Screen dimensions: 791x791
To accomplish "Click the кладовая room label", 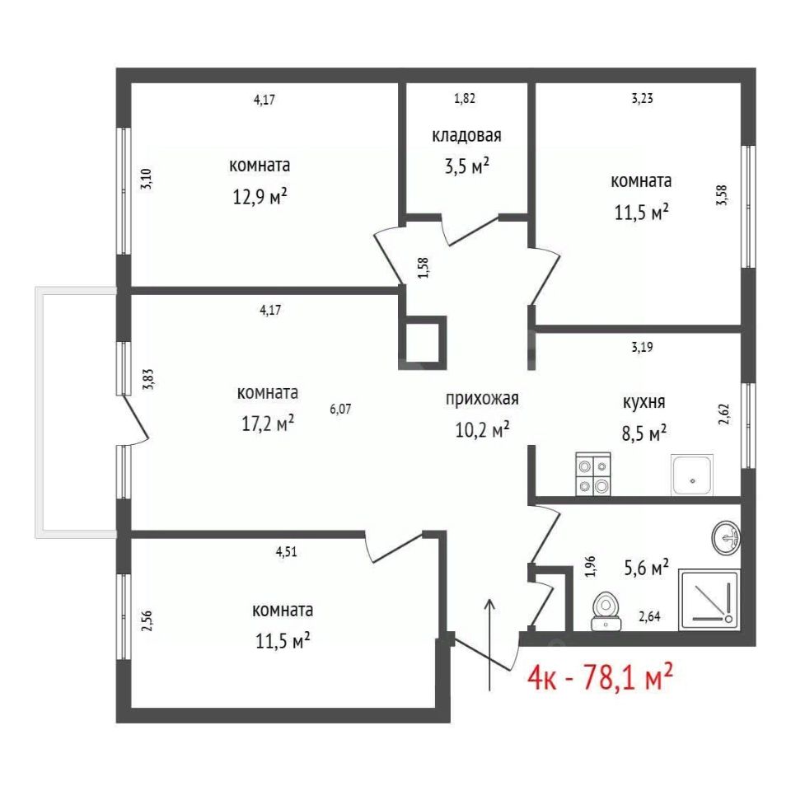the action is click(466, 136).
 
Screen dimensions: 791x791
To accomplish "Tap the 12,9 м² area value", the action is click(260, 196).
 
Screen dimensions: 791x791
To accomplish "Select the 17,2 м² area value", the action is click(268, 424).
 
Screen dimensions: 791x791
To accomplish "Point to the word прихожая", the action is click(482, 399).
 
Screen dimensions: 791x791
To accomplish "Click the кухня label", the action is click(644, 402).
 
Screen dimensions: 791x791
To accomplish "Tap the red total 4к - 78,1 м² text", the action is click(600, 677).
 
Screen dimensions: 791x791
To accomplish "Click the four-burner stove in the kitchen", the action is click(593, 474).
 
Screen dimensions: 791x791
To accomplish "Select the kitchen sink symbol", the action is click(691, 475).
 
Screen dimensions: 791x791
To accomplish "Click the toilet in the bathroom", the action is click(606, 611).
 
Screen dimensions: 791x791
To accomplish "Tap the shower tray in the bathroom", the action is click(709, 600).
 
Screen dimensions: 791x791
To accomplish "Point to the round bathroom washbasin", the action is click(726, 538).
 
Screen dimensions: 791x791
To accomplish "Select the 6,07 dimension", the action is click(340, 409).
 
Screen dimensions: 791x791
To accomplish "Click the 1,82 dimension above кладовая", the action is click(465, 98).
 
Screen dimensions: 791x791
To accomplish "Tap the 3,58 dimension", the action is click(723, 195).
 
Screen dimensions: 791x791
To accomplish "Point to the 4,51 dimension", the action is click(286, 551).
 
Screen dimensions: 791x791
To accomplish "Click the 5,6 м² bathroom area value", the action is click(647, 569).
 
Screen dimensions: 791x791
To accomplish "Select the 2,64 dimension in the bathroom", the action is click(650, 616).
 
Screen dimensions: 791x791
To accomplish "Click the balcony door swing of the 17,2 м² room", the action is click(136, 419).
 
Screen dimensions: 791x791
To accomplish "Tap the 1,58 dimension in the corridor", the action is click(424, 268).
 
